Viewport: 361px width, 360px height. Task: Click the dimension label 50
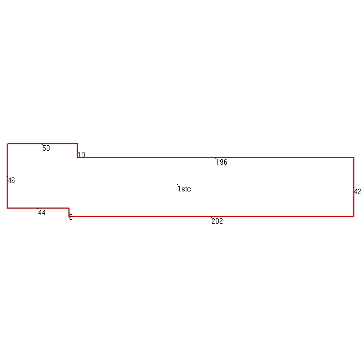pyautogui.click(x=46, y=148)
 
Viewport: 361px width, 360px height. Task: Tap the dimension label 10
pyautogui.click(x=81, y=155)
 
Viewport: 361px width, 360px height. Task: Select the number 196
pyautogui.click(x=221, y=162)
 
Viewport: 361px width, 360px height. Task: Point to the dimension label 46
pyautogui.click(x=11, y=180)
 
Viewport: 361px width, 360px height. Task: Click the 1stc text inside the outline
pyautogui.click(x=184, y=189)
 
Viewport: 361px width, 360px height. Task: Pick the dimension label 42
pyautogui.click(x=357, y=191)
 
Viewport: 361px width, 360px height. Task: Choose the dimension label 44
pyautogui.click(x=42, y=213)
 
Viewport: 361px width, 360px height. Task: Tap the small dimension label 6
pyautogui.click(x=71, y=217)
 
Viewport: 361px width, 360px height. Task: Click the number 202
pyautogui.click(x=217, y=221)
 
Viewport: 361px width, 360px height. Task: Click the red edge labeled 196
pyautogui.click(x=215, y=157)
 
